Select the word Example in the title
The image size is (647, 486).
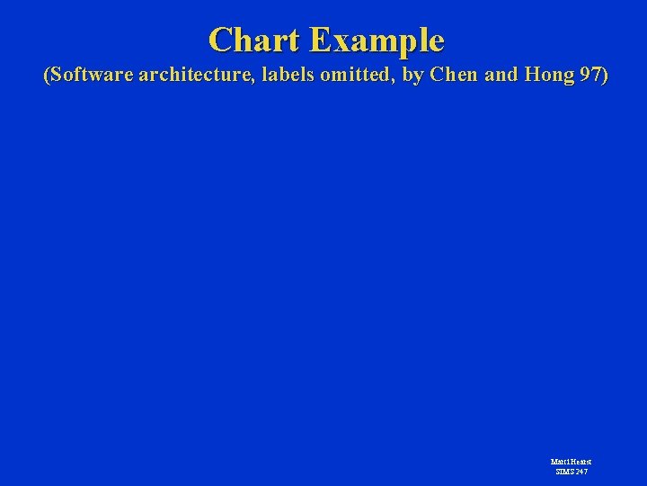(377, 40)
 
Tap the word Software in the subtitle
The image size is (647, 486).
(89, 76)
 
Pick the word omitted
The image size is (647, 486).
(354, 76)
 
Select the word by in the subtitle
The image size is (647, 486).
(412, 76)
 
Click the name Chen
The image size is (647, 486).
(455, 76)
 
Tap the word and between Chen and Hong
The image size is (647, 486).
(500, 76)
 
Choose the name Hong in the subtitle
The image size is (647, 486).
(547, 76)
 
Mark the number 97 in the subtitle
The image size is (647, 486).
(590, 76)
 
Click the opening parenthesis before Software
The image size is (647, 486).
(47, 76)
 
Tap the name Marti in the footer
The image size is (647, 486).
(559, 462)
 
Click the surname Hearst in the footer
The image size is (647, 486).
(581, 462)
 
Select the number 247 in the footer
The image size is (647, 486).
(582, 471)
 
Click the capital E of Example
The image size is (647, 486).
(318, 40)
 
